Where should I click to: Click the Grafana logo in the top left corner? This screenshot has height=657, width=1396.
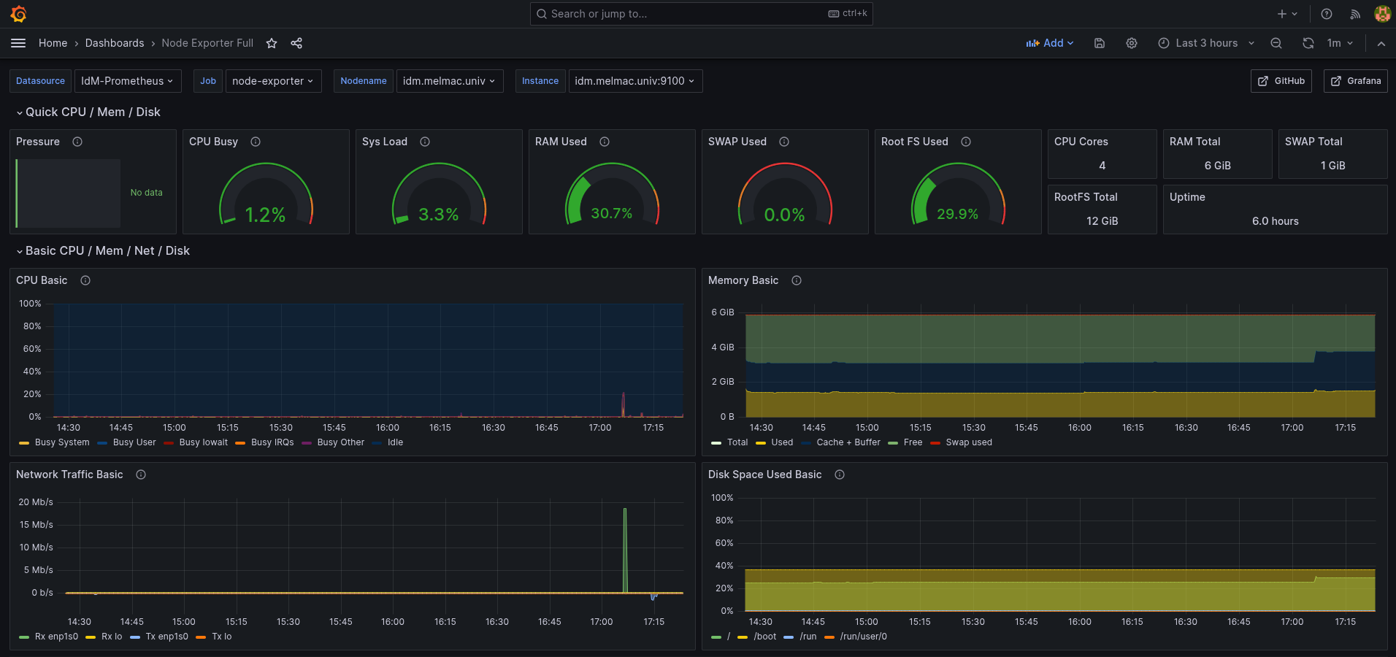point(19,14)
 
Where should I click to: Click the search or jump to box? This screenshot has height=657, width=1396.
point(701,14)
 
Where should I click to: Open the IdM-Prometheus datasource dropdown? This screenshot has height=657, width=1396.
point(127,81)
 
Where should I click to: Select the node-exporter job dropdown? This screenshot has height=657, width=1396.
point(272,81)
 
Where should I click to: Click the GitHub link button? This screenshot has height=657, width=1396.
point(1281,81)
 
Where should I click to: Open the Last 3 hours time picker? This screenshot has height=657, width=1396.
point(1206,43)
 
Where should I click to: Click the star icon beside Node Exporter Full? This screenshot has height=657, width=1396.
point(272,43)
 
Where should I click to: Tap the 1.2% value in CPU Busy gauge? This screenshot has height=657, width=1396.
point(265,215)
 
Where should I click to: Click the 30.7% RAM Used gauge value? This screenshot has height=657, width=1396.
point(611,213)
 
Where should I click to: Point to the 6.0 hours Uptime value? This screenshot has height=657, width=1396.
point(1275,221)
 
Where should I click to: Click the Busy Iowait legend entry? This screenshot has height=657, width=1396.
point(203,442)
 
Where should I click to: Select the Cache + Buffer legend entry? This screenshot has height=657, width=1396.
point(848,442)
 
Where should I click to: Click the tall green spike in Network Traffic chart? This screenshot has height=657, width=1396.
point(625,547)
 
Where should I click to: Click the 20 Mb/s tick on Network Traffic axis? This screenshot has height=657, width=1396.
point(36,502)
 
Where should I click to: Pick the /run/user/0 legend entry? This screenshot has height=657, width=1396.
point(863,637)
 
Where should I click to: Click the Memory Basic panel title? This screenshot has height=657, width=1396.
point(743,280)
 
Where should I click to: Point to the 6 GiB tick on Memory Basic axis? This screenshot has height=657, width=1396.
point(723,312)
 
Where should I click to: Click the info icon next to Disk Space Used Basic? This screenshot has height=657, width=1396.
point(840,474)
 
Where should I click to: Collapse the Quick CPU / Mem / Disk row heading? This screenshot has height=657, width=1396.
point(92,112)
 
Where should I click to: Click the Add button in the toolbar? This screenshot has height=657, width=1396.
point(1050,43)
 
